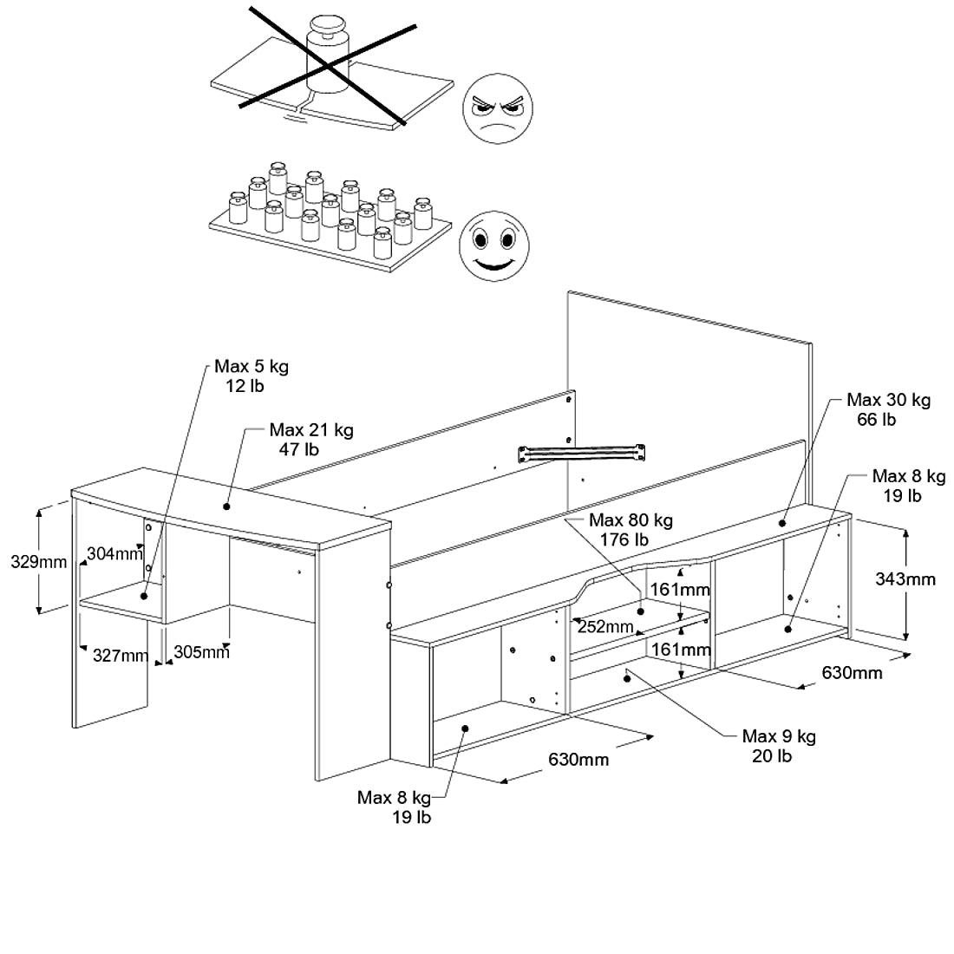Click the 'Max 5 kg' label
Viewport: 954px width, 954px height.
click(252, 367)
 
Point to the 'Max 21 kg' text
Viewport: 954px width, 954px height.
click(310, 430)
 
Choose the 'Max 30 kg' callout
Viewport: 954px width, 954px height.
click(888, 400)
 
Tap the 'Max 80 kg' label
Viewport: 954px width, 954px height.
click(631, 520)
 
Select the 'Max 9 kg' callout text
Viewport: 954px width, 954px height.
click(778, 736)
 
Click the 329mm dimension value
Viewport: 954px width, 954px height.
click(38, 561)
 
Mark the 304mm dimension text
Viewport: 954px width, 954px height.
click(114, 554)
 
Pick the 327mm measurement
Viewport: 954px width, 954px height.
click(121, 656)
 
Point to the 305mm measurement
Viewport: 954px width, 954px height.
click(201, 652)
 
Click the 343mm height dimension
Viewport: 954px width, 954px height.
click(906, 578)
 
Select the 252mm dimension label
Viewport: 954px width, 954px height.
click(604, 626)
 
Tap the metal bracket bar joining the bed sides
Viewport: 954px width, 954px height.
click(583, 452)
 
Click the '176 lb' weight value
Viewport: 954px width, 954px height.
click(624, 539)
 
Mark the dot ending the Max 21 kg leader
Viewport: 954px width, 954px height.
click(227, 506)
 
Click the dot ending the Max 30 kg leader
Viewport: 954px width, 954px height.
click(782, 523)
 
